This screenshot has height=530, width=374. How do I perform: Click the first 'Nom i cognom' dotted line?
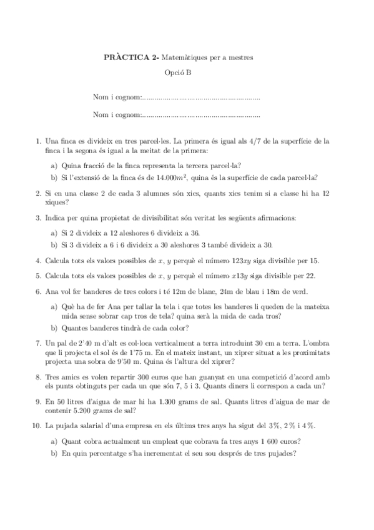coord(200,98)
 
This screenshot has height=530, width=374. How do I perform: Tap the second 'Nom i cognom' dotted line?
coord(200,115)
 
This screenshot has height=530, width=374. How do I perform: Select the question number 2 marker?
coord(38,194)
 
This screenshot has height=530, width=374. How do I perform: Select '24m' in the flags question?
coord(229,291)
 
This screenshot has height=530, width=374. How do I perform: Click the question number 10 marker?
coord(37,426)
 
